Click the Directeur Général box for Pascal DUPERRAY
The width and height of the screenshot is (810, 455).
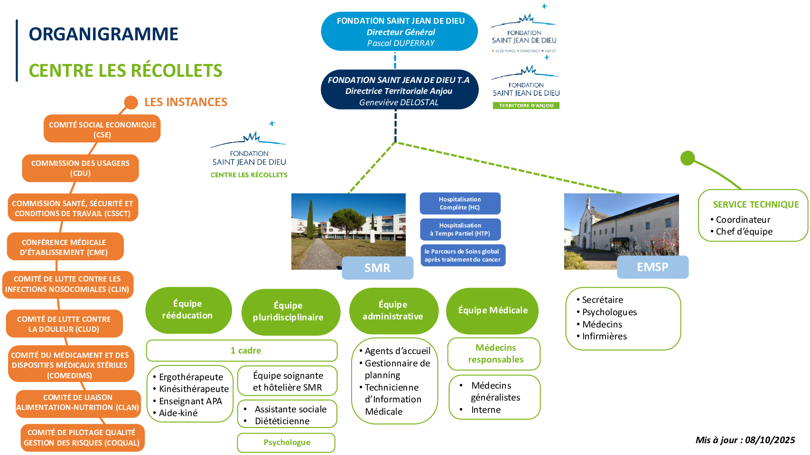tap(399, 31)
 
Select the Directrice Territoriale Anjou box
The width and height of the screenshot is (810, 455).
tap(400, 90)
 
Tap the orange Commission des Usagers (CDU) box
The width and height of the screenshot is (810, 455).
tap(80, 168)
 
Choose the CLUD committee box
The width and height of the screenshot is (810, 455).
tap(65, 324)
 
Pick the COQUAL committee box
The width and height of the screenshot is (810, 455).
tap(83, 437)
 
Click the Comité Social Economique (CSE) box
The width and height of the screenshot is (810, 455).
tap(102, 129)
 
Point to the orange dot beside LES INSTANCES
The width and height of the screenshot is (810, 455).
tap(131, 102)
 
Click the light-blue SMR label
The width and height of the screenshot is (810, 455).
tap(378, 268)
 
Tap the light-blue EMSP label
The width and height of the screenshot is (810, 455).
tap(653, 267)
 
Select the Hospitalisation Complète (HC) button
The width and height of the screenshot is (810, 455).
tap(460, 203)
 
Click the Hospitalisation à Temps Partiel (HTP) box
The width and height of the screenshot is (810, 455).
tap(460, 229)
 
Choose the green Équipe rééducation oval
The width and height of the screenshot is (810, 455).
tap(188, 310)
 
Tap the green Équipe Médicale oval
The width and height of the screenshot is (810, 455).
tap(492, 310)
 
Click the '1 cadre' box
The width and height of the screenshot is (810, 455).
tap(242, 351)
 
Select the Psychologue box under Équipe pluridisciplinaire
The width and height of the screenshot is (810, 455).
tap(287, 443)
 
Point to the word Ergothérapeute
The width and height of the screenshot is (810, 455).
tap(191, 377)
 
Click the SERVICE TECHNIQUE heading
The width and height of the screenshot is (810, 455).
tap(756, 204)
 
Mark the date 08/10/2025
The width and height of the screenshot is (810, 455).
tap(770, 440)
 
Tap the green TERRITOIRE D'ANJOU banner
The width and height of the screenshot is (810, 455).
tap(526, 105)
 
